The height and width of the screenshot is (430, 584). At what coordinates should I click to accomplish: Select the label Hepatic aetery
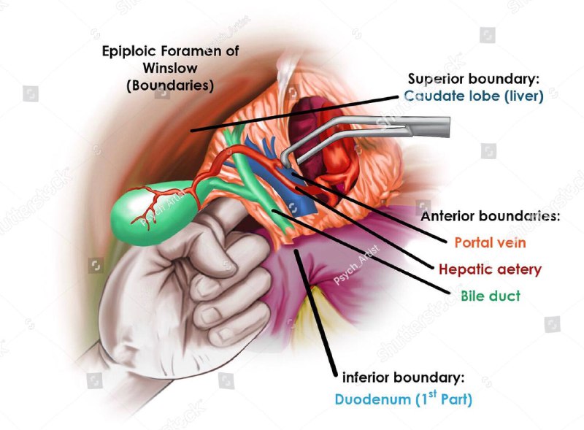tap(490, 269)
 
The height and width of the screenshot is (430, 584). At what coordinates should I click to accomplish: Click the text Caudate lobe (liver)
tap(474, 96)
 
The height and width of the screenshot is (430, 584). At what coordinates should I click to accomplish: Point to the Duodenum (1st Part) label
tap(404, 399)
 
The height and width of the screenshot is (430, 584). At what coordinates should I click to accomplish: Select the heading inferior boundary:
tap(403, 378)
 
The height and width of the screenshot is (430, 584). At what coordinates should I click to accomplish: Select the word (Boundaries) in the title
tap(169, 85)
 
